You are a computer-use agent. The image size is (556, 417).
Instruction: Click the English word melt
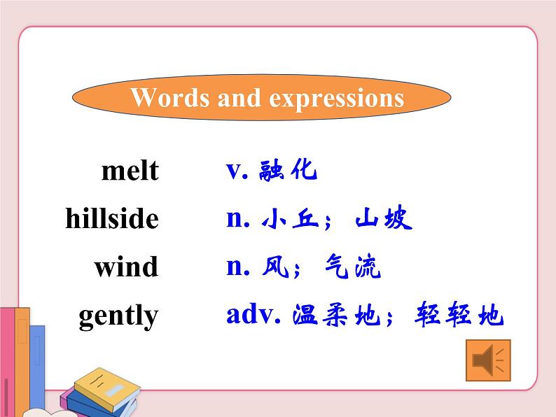click(x=130, y=171)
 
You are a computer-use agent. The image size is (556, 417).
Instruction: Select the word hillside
click(x=112, y=219)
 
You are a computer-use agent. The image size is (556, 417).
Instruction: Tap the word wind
click(x=126, y=267)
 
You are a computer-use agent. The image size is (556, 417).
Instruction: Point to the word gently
click(x=118, y=316)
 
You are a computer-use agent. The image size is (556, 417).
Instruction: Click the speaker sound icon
click(x=487, y=361)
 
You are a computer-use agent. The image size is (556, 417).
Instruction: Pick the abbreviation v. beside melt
click(x=238, y=170)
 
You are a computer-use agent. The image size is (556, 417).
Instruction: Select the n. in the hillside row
click(x=238, y=219)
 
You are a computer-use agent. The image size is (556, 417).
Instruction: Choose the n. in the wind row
click(x=238, y=267)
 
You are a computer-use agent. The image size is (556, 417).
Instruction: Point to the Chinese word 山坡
click(x=384, y=219)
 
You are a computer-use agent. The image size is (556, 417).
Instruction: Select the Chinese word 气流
click(x=353, y=267)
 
